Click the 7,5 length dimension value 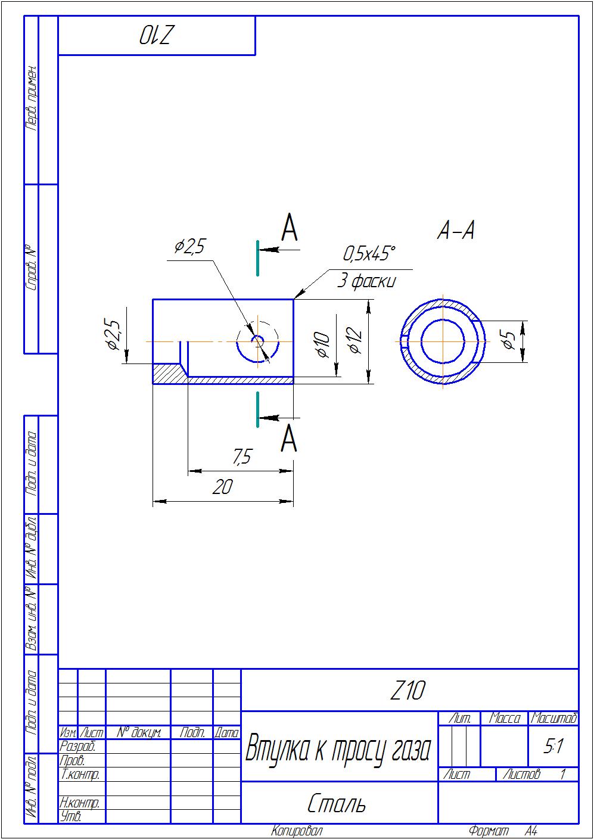tap(241, 457)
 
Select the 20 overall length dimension tap(222, 487)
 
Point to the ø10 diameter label tap(322, 344)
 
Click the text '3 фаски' tap(366, 281)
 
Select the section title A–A tap(456, 230)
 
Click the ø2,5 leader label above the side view tap(190, 246)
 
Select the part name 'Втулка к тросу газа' tap(337, 749)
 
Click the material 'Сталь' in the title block tap(337, 804)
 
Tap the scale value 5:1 tap(553, 747)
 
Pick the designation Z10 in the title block tap(408, 691)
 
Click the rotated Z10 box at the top tap(156, 36)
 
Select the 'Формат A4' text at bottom tap(503, 831)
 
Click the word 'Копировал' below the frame tap(297, 831)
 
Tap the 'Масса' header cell tap(504, 719)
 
